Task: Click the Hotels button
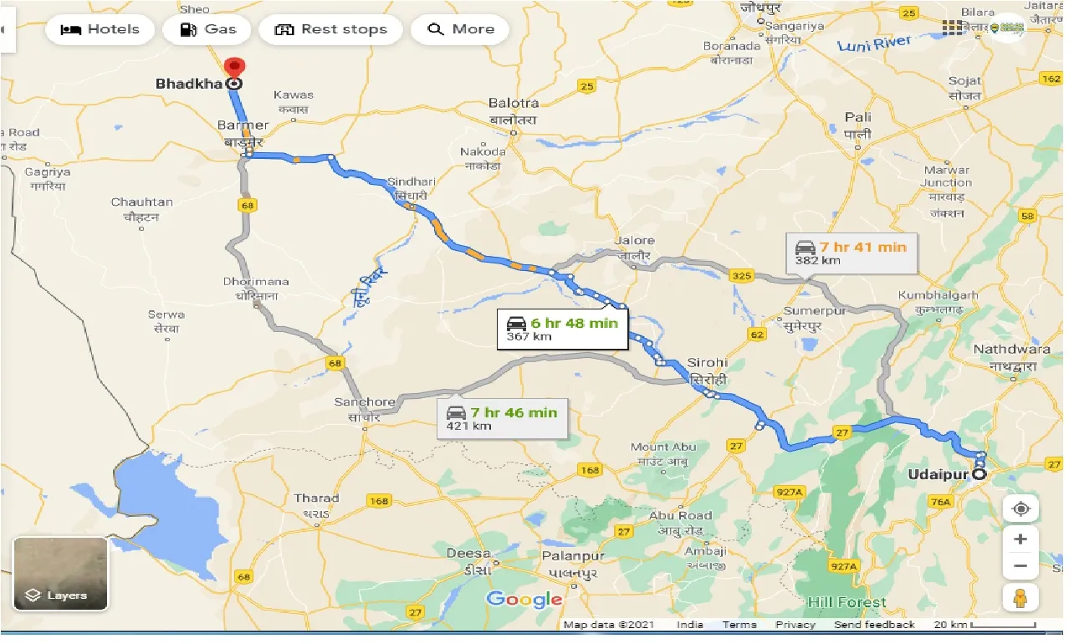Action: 100,29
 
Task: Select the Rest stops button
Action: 330,29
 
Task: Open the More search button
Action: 461,29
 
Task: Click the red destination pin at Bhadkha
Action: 235,67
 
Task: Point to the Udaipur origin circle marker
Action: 979,475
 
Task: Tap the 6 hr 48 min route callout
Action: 563,330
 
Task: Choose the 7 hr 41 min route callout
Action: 852,253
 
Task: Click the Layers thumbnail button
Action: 60,574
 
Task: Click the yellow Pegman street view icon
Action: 1020,597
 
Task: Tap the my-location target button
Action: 1020,509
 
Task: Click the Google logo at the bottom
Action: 524,599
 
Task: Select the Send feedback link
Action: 874,625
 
